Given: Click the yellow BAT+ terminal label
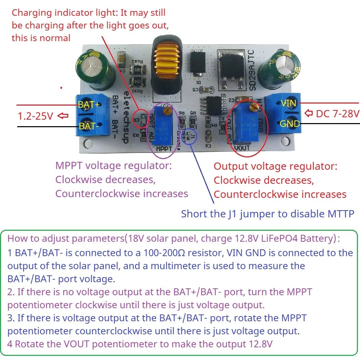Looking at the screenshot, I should coord(89,104).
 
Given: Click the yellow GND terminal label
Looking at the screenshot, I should coord(290,123).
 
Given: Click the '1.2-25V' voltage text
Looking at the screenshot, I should coord(36,116).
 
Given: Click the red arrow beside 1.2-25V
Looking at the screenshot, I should coord(63,116).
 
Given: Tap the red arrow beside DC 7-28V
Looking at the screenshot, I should coord(309,113).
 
